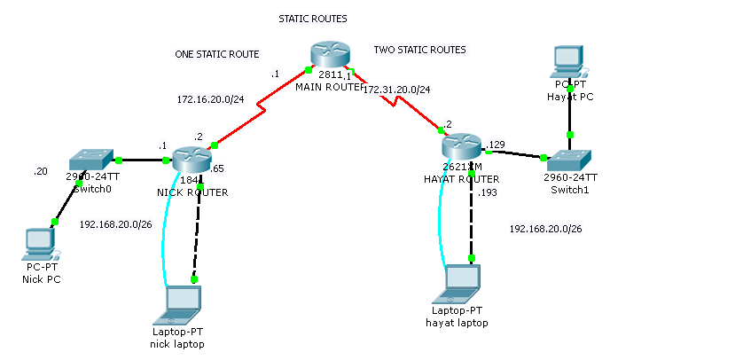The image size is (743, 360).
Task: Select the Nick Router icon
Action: (190, 160)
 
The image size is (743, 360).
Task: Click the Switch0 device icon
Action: (90, 160)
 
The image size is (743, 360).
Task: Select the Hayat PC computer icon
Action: (568, 59)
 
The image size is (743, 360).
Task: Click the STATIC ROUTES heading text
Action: (313, 19)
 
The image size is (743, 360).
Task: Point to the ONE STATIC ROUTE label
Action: (217, 54)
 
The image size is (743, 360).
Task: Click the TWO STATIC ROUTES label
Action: (419, 50)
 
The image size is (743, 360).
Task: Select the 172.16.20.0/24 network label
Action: (211, 99)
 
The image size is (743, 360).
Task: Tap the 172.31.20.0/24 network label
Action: (396, 90)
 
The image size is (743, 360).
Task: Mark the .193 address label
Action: (488, 192)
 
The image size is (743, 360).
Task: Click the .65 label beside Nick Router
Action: (216, 167)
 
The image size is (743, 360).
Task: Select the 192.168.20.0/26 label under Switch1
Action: (545, 229)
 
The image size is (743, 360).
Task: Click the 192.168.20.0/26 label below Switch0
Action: (115, 223)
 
